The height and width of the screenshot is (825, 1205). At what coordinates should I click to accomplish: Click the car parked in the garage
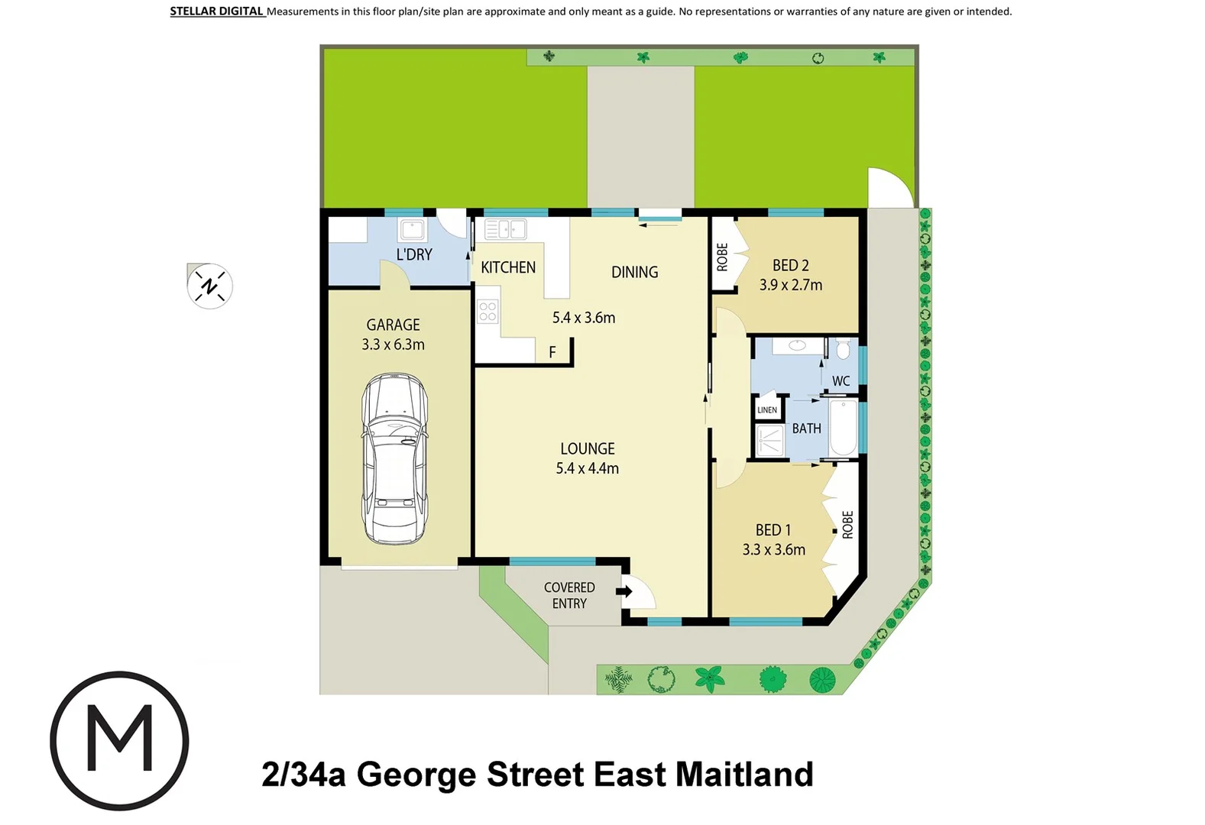tap(394, 458)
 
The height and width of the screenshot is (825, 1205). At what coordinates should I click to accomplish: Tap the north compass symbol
tap(209, 286)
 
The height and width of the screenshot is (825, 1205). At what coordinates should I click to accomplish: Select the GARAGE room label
tap(393, 325)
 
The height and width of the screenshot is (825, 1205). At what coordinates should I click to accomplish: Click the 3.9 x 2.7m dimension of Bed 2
tap(791, 285)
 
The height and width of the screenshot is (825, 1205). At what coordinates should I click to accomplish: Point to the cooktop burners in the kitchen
tap(488, 311)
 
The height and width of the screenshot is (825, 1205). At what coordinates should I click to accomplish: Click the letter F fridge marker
tap(552, 352)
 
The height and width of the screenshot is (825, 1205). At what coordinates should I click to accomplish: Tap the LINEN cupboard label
tap(767, 410)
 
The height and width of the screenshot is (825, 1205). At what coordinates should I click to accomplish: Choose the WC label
tap(841, 381)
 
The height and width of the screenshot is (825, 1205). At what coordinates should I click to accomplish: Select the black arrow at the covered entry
tap(624, 591)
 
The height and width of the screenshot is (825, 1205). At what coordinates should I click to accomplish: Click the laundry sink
tap(413, 229)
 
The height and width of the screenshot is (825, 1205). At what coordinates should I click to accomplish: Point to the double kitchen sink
tap(505, 228)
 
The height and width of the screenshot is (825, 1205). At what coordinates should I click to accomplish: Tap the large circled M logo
tap(119, 740)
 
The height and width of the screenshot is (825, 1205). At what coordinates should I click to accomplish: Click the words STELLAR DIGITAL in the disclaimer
tap(216, 11)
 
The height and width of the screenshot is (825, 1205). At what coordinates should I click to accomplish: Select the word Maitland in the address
tap(744, 774)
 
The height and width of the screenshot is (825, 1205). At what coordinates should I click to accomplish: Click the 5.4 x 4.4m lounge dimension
tap(587, 468)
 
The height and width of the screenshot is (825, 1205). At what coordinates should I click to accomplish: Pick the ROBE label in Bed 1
tap(847, 525)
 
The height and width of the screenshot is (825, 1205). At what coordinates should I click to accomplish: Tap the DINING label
tap(634, 272)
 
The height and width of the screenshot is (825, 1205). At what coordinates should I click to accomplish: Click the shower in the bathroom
tap(769, 441)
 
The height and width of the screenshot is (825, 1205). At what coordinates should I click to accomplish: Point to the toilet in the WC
tap(843, 350)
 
